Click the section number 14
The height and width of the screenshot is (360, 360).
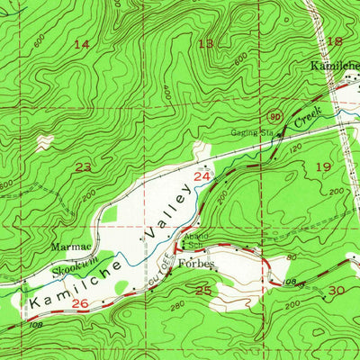[82, 44]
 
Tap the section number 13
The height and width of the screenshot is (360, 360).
[206, 43]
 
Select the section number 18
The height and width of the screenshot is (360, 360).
[335, 40]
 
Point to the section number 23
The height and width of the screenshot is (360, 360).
[83, 166]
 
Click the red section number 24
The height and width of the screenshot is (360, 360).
[204, 178]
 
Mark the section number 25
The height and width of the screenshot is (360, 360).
[203, 290]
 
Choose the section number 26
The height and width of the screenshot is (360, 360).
[80, 304]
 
